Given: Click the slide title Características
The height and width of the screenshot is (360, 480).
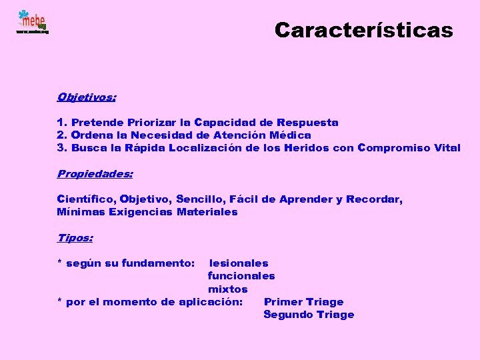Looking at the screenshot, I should tap(363, 31).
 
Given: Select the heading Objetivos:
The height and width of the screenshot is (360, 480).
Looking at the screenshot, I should tap(87, 97).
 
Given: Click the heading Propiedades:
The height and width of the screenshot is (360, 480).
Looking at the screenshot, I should tap(95, 174).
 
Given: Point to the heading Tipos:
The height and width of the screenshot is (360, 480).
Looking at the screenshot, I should tap(75, 237).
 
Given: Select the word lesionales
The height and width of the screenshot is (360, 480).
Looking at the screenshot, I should tap(239, 263).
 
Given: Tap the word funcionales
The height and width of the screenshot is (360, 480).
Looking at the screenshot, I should tap(241, 276).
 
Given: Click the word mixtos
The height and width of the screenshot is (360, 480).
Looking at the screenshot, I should tap(228, 289).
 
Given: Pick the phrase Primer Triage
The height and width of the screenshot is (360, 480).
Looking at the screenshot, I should tap(304, 302).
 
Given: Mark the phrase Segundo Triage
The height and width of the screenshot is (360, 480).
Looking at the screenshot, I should tap(309, 315).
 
